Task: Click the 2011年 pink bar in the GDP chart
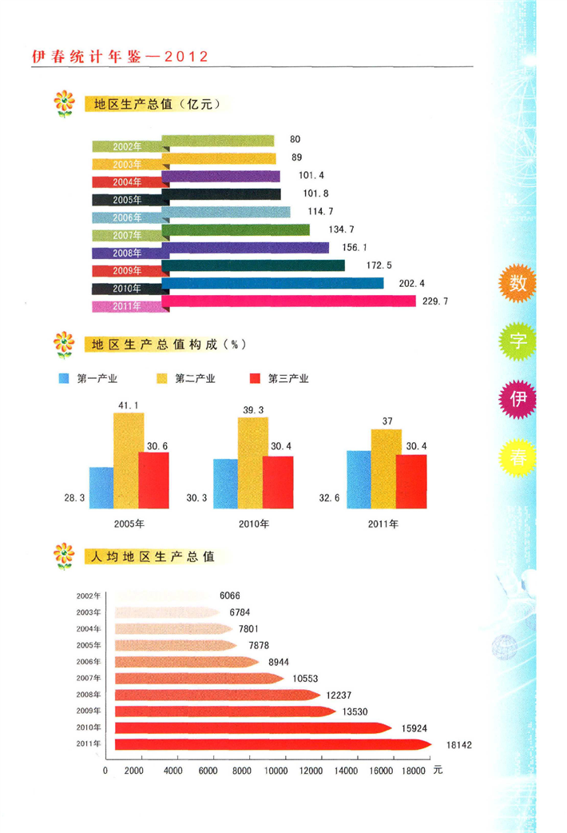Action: click(292, 301)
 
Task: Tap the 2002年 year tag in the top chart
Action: click(126, 147)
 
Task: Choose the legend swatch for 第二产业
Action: click(160, 378)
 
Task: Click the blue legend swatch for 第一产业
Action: click(65, 378)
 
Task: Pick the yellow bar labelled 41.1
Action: click(128, 460)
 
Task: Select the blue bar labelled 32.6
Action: click(359, 479)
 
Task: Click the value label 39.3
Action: click(253, 410)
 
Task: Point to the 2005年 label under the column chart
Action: click(129, 524)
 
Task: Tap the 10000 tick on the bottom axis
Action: click(276, 771)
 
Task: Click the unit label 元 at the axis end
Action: click(438, 771)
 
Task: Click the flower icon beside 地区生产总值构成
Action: click(62, 345)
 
